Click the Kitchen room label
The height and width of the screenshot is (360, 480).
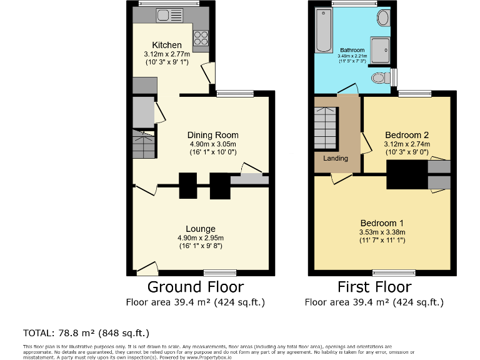tap(167, 45)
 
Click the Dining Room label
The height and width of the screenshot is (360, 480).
tap(213, 135)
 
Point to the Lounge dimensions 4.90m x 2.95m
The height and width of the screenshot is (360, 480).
tap(201, 237)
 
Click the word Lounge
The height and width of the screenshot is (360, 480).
tap(201, 229)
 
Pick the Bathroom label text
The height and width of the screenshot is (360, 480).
tap(352, 50)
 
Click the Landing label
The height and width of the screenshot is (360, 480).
tap(336, 158)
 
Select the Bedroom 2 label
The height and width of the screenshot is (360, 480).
tap(407, 135)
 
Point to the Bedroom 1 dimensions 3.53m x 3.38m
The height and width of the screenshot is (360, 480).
tap(382, 232)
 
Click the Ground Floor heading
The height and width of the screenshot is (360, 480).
tap(196, 287)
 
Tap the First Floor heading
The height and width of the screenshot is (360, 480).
tap(374, 287)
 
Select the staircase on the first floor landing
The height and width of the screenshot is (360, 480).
tap(326, 128)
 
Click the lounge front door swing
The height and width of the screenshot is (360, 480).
tap(147, 269)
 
